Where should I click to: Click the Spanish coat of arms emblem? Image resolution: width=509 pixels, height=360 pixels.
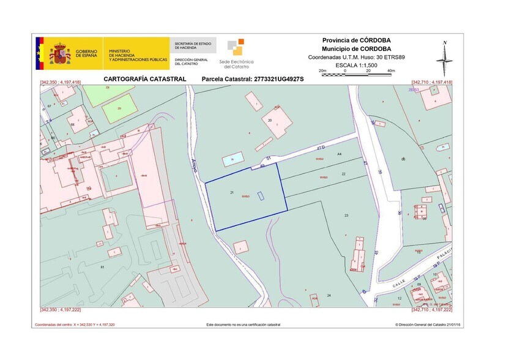click(x=60, y=53)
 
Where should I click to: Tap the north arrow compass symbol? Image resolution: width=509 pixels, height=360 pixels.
click(x=445, y=59)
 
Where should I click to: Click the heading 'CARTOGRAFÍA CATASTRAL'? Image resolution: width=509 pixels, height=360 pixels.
click(x=144, y=79)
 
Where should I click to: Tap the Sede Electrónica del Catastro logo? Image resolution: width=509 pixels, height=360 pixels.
click(x=236, y=53)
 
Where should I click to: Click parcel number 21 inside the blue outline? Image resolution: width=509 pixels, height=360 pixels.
click(x=232, y=192)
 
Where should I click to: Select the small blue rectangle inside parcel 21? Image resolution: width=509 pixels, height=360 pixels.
click(x=261, y=196)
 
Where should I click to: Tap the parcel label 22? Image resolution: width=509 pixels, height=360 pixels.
click(x=343, y=174)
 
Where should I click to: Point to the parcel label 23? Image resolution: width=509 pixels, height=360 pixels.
click(x=346, y=216)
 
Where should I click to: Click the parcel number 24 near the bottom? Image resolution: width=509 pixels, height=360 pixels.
click(x=329, y=295)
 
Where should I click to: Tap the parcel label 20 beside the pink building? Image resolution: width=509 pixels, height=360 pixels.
click(x=270, y=121)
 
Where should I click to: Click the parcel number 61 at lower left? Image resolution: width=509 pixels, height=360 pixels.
click(x=102, y=268)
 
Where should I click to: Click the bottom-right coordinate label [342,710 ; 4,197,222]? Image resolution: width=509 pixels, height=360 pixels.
click(x=432, y=310)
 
